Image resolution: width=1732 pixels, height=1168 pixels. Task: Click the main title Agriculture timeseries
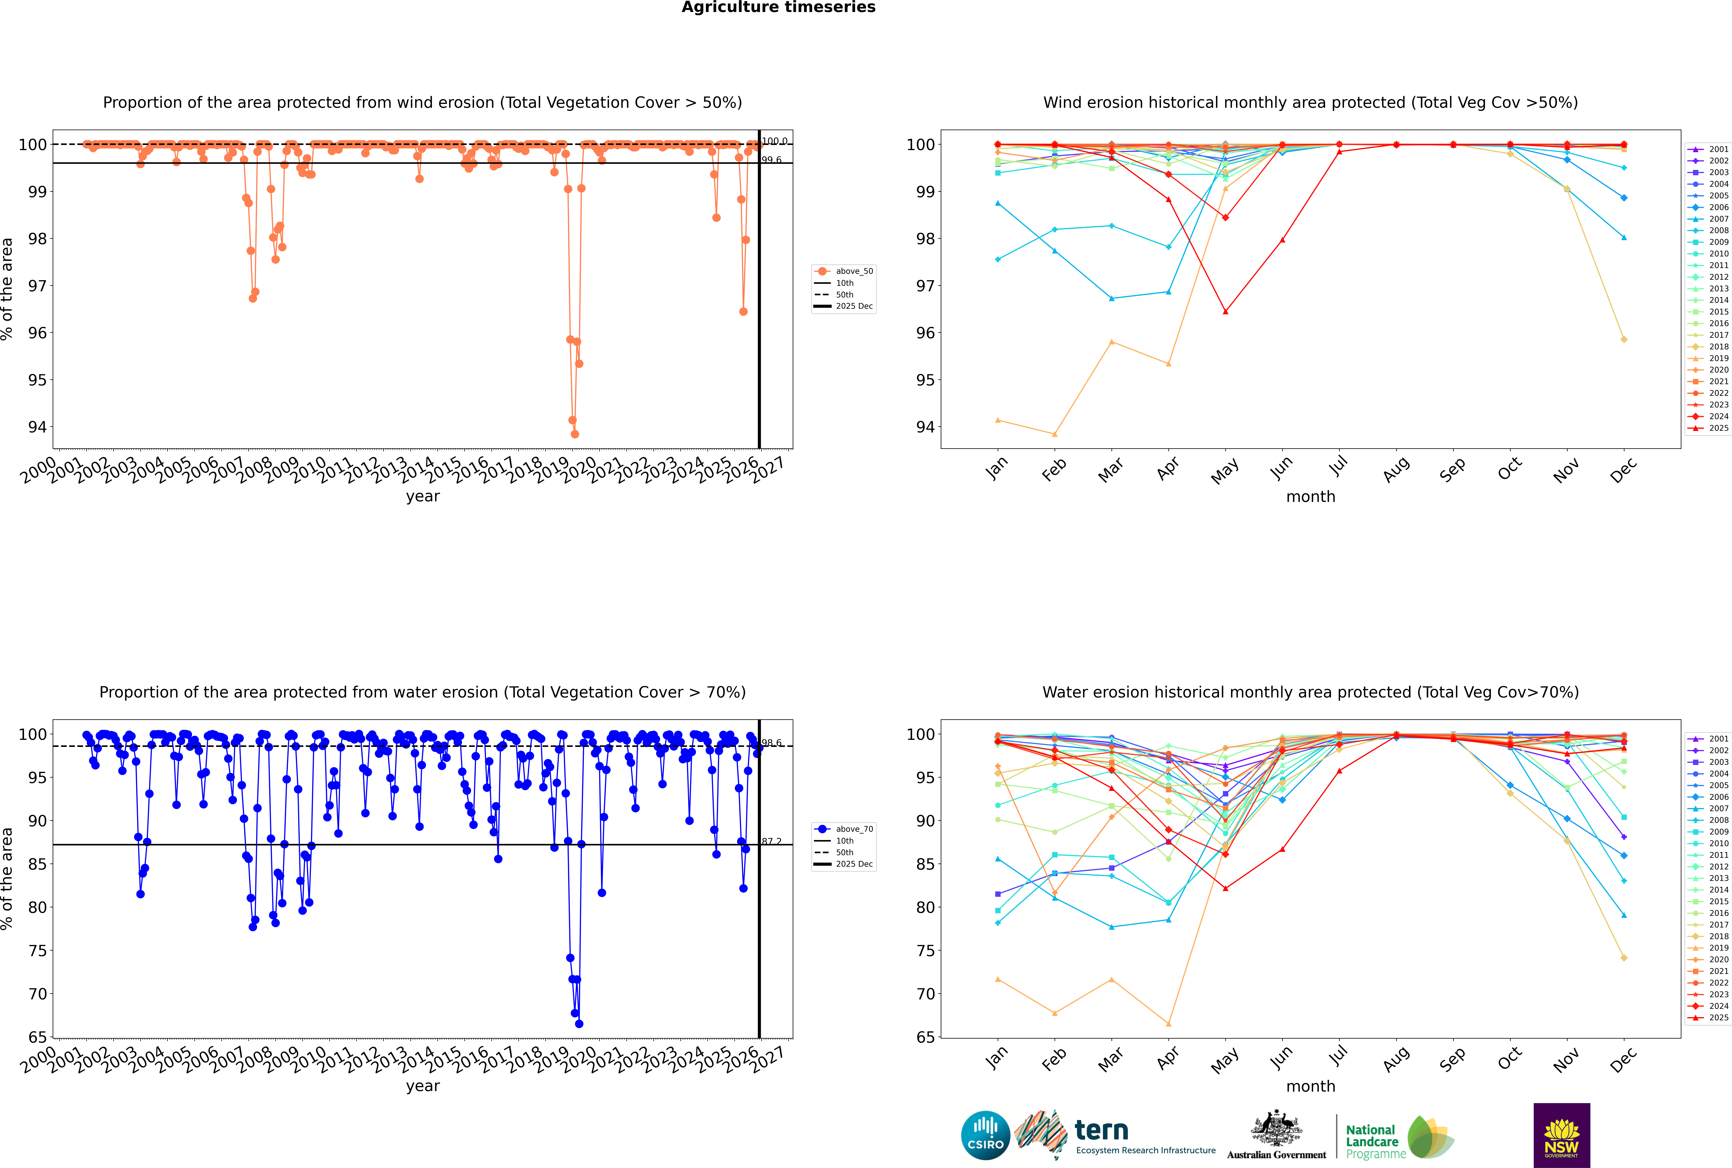[778, 7]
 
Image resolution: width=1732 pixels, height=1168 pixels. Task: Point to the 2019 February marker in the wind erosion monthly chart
[1054, 434]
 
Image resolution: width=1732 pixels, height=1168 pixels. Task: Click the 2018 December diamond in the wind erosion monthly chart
[1624, 340]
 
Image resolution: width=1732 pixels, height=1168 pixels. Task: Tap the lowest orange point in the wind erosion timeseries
[575, 434]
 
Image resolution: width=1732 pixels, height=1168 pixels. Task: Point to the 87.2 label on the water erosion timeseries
[771, 842]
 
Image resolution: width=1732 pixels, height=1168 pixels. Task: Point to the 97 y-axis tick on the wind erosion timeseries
[37, 286]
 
